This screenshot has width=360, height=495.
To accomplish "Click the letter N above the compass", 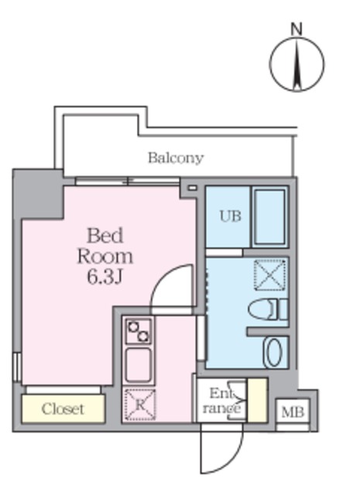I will [296, 29].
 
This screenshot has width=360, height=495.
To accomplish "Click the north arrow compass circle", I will [296, 65].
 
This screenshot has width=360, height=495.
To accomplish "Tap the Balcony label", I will [176, 158].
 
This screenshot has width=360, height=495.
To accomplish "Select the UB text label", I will [231, 217].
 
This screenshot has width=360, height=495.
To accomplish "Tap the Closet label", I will [63, 408].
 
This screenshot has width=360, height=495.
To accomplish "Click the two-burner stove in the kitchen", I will [139, 332].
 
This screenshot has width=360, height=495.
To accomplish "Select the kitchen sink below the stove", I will [139, 364].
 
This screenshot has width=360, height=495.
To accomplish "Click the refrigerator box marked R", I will [139, 405].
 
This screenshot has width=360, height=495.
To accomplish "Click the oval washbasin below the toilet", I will [274, 353].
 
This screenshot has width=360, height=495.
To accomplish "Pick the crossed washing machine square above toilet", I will [270, 274].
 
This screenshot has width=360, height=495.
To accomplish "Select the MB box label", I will [292, 411].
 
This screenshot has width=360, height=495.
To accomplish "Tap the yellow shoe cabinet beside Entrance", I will [257, 399].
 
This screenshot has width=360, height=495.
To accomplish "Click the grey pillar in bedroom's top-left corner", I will [39, 193].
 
